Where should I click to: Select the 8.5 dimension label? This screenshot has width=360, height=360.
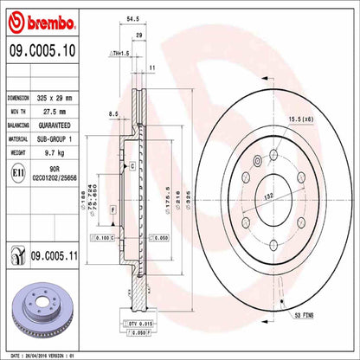[x=113, y=113]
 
